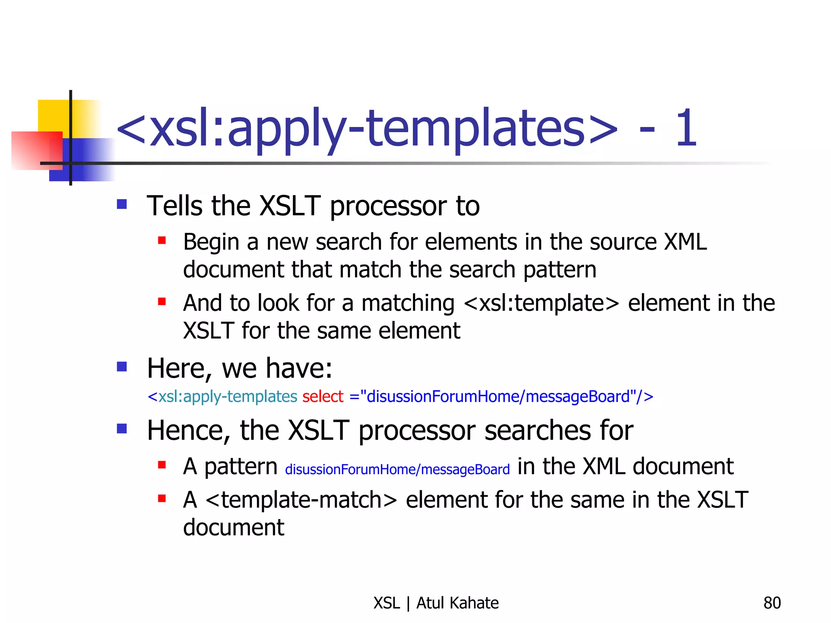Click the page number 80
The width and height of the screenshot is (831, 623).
(772, 603)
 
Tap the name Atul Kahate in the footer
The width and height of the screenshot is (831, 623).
(457, 603)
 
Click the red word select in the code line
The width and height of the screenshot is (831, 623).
(323, 397)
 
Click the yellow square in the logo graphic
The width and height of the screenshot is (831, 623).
(53, 116)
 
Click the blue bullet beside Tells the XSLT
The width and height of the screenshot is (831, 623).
(122, 204)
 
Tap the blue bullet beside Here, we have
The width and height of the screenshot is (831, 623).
(122, 367)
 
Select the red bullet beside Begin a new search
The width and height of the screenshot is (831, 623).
(162, 241)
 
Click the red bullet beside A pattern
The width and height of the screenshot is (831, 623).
(162, 465)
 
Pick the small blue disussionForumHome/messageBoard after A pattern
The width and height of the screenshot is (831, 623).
(397, 470)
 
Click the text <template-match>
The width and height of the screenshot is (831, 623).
(301, 500)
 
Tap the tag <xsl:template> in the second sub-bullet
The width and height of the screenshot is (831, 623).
(541, 303)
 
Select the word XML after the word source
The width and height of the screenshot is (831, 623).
(685, 242)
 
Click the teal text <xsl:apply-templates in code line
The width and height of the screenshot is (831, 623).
(222, 397)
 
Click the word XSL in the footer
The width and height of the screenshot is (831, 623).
(386, 603)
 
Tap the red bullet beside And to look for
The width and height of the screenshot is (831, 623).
(162, 302)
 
